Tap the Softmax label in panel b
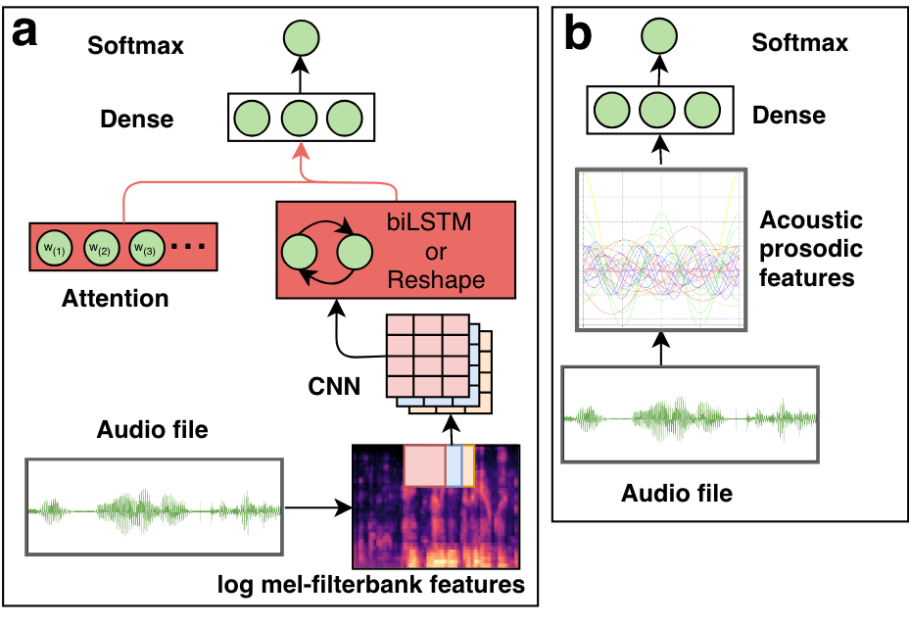click(x=799, y=42)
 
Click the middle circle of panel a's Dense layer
click(x=301, y=119)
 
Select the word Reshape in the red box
click(x=437, y=280)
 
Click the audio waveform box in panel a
click(x=155, y=506)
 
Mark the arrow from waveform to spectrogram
click(x=317, y=507)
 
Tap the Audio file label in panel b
click(x=676, y=493)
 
